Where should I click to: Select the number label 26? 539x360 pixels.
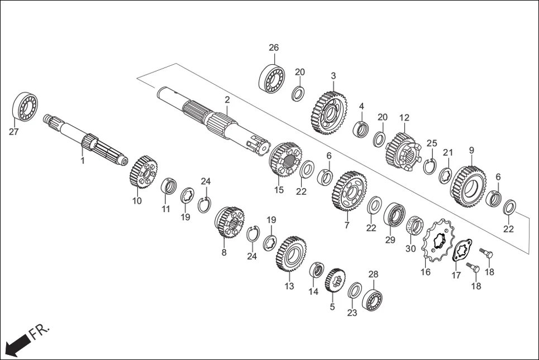pyautogui.click(x=274, y=48)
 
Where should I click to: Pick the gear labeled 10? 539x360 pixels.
pyautogui.click(x=143, y=172)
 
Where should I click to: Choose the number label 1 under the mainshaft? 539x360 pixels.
pyautogui.click(x=83, y=161)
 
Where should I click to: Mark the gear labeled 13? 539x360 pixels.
pyautogui.click(x=290, y=254)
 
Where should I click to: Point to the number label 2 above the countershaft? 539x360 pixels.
pyautogui.click(x=227, y=100)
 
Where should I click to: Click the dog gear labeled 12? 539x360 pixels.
pyautogui.click(x=402, y=150)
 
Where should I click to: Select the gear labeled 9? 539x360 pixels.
pyautogui.click(x=468, y=185)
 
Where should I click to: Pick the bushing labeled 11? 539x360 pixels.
pyautogui.click(x=169, y=186)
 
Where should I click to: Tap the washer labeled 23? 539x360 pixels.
pyautogui.click(x=354, y=290)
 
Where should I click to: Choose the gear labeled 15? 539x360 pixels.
pyautogui.click(x=285, y=160)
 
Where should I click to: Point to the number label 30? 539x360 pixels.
pyautogui.click(x=411, y=249)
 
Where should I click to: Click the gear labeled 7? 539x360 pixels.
pyautogui.click(x=350, y=191)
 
